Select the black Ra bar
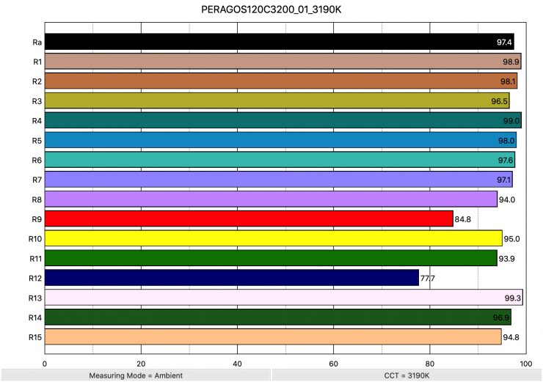click(279, 42)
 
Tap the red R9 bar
click(249, 218)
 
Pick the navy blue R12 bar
click(231, 278)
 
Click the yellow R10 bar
click(273, 238)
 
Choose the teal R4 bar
click(283, 120)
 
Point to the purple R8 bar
click(271, 199)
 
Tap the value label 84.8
click(463, 219)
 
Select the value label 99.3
click(512, 298)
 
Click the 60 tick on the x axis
click(333, 362)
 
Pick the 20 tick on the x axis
click(141, 362)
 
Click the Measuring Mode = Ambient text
click(136, 375)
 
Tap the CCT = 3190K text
click(407, 375)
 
